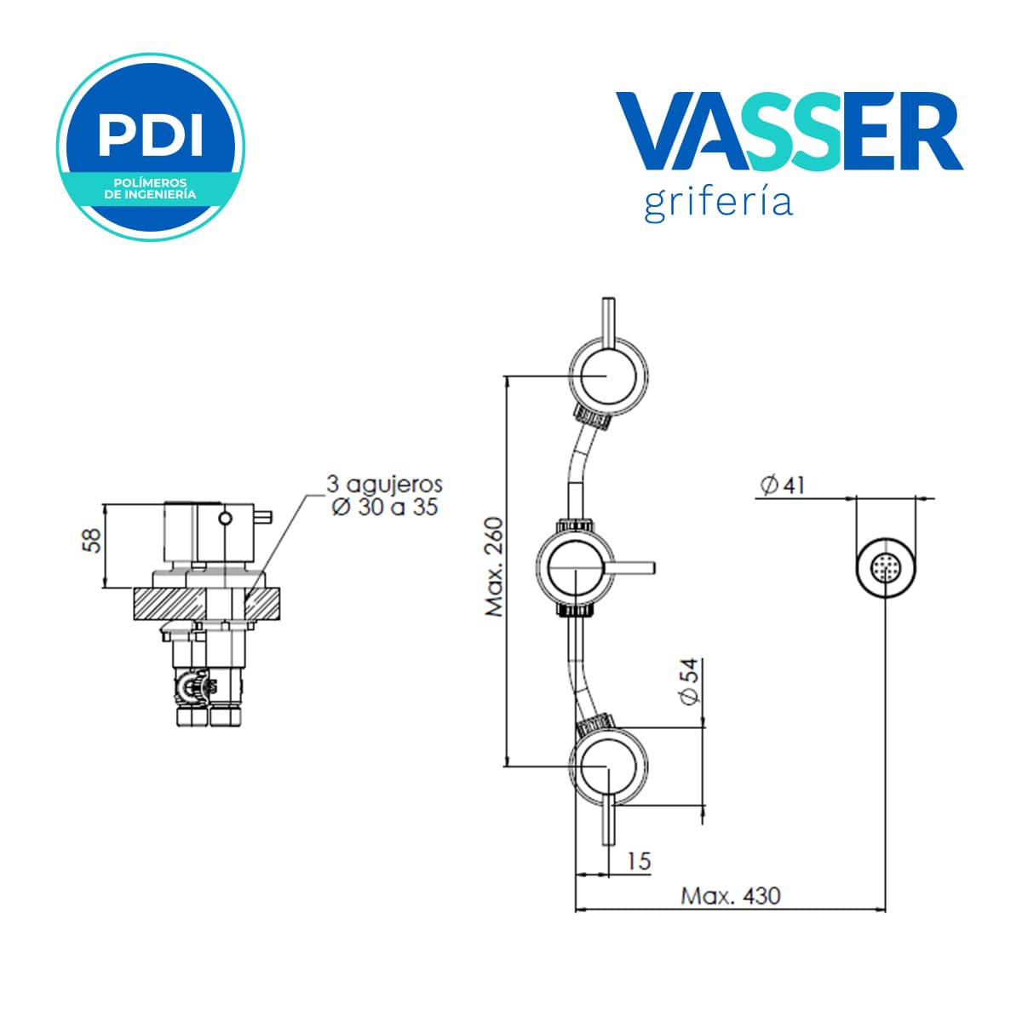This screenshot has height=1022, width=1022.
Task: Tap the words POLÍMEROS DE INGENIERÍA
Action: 150,189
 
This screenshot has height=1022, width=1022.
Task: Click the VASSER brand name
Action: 788,131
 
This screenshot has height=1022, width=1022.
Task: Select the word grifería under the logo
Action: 718,204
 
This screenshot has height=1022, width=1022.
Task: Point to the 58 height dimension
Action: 94,541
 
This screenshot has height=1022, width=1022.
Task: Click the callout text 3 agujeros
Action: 384,485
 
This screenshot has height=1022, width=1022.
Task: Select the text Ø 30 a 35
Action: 384,508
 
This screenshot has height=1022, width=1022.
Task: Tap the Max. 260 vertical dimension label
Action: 494,567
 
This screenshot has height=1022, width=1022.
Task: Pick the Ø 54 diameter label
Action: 690,681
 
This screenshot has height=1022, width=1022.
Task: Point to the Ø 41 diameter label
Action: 783,485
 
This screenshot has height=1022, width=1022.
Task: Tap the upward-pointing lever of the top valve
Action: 608,323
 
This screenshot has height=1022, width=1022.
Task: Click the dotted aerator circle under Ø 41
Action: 885,569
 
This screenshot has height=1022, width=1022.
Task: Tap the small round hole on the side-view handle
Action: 226,518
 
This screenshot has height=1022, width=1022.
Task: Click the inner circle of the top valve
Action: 608,376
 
